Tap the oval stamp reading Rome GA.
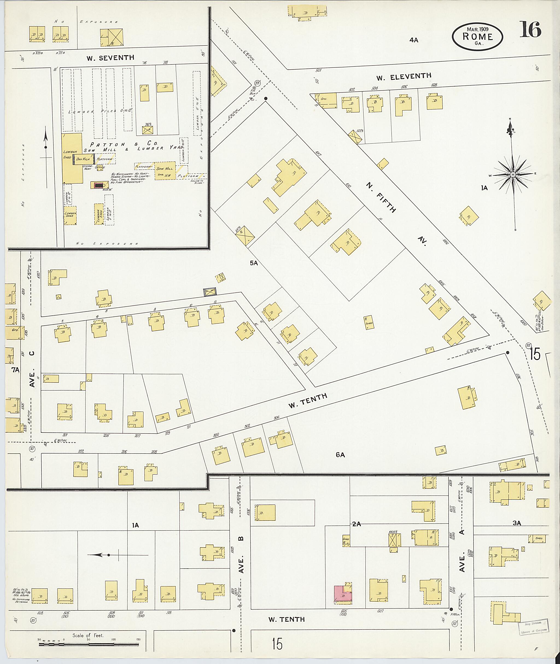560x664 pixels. (x=477, y=37)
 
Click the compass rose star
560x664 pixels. (x=513, y=175)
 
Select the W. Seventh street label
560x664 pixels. (x=110, y=58)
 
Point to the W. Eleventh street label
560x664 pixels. (x=404, y=77)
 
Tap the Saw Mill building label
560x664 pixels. (x=164, y=169)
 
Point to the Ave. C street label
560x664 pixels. (x=32, y=370)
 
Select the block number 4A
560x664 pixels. (x=414, y=40)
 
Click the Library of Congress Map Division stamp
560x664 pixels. (x=533, y=627)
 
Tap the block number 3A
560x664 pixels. (x=517, y=523)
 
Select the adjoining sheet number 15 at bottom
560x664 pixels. (x=277, y=644)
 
